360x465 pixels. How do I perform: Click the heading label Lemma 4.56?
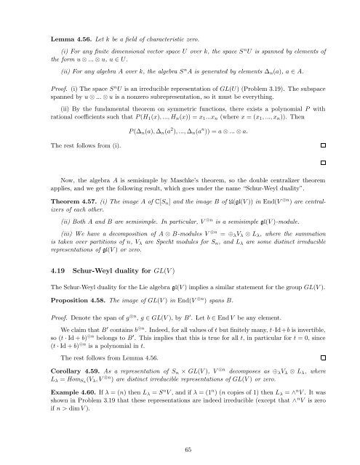(x=43, y=33)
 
